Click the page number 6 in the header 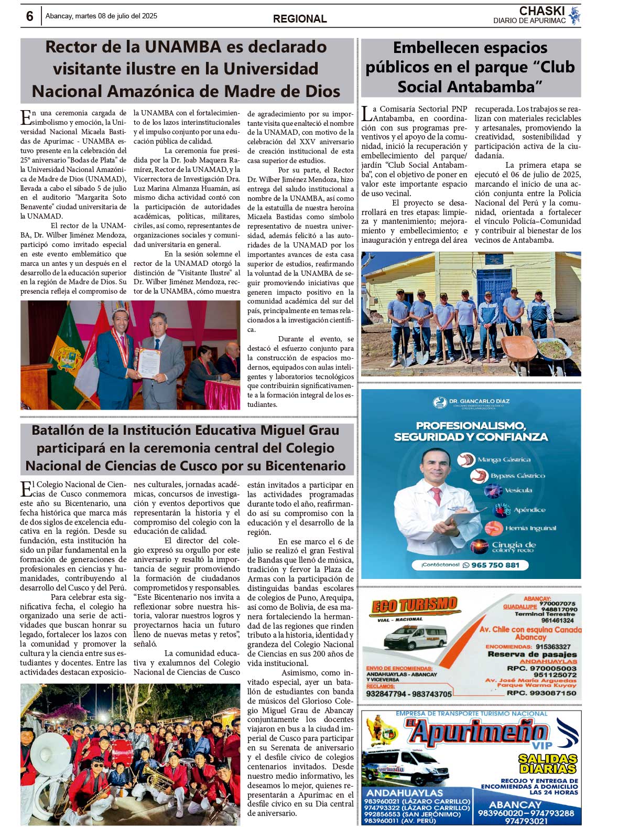29,17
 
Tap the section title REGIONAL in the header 300,19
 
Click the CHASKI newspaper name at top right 542,11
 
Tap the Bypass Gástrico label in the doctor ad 517,476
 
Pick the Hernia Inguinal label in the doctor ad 530,528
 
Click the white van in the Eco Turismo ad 414,637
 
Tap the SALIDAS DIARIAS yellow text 547,764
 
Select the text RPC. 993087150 541,693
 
